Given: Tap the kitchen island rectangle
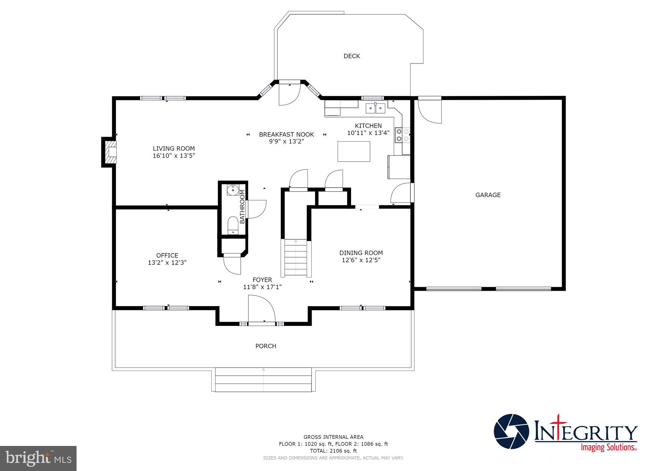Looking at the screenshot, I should click(354, 151).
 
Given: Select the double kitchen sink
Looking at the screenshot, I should click(375, 108).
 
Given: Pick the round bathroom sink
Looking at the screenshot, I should click(233, 190).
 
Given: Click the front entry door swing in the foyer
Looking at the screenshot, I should click(261, 309).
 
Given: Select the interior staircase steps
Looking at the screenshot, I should click(296, 258).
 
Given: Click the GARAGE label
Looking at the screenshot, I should click(488, 195).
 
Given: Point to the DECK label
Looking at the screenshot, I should click(352, 56).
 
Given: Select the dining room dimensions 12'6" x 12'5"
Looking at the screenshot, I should click(361, 260).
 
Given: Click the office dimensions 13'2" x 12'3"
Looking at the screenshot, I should click(167, 262).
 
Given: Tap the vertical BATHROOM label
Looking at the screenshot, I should click(242, 207).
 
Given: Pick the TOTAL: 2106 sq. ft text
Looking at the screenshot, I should click(333, 451).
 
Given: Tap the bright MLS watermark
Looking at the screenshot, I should click(38, 458).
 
